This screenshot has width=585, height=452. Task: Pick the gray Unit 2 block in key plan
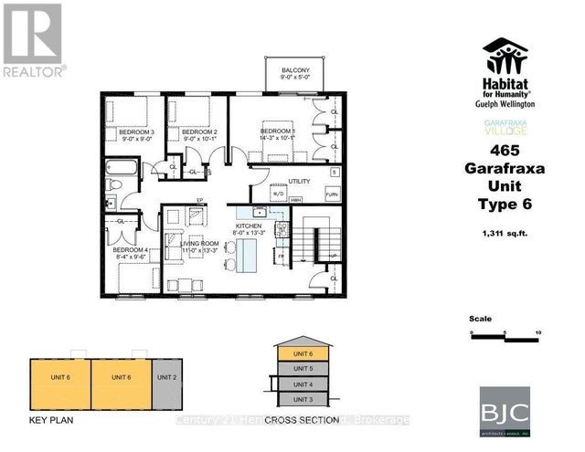(166, 384)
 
